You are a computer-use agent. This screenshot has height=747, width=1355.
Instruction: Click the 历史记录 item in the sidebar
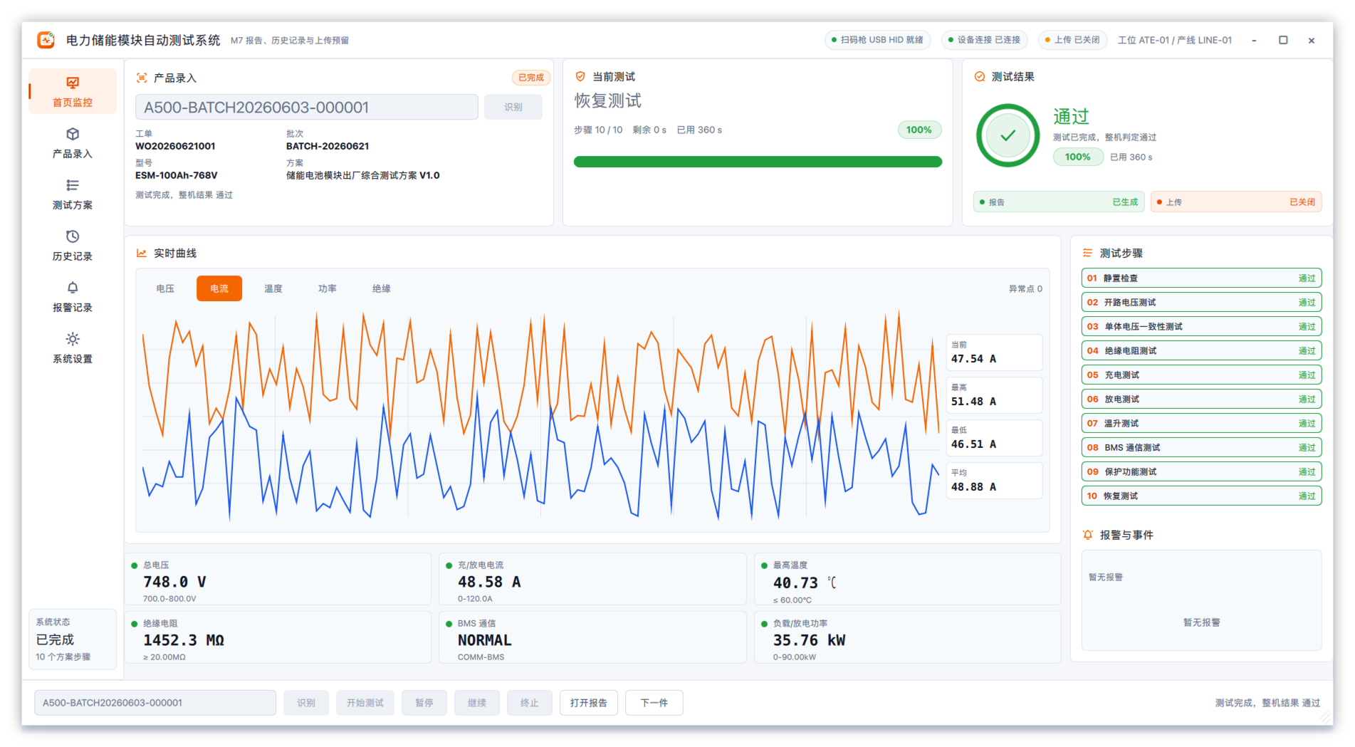point(73,246)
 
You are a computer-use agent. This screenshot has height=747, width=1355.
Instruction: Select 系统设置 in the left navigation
point(73,348)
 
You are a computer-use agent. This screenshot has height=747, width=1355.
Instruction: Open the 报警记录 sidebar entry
point(73,297)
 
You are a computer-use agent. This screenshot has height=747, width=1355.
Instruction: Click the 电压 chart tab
point(165,288)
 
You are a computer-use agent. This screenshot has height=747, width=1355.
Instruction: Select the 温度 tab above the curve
point(273,288)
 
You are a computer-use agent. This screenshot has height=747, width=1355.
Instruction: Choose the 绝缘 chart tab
point(382,288)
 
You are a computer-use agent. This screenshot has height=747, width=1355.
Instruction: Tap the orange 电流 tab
point(219,288)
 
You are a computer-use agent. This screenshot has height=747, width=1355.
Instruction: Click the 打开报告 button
point(589,703)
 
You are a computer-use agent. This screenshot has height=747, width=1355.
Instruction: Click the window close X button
point(1312,41)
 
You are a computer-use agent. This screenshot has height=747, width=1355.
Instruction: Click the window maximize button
point(1283,41)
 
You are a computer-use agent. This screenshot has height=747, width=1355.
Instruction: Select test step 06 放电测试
point(1201,399)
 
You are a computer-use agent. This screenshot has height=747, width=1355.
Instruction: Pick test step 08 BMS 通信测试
point(1201,448)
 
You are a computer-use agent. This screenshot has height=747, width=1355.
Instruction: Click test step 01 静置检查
point(1201,278)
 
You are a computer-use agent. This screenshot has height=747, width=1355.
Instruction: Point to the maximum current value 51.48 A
point(973,402)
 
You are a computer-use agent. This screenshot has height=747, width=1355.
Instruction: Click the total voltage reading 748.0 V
point(174,582)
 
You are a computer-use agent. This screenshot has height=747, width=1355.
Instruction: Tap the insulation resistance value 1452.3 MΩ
point(184,640)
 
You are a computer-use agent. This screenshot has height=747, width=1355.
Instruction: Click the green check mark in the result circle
point(1008,135)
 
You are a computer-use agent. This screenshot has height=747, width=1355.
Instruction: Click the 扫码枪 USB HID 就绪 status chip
point(877,40)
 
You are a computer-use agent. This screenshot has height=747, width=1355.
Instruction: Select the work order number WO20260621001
point(175,146)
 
